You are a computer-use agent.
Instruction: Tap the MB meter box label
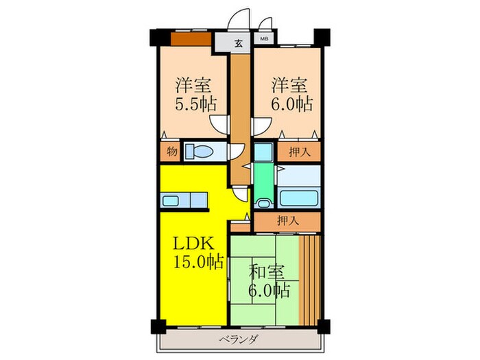pos(264,40)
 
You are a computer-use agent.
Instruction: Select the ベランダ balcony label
pos(239,339)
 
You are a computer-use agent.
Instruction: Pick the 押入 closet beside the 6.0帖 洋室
pos(299,152)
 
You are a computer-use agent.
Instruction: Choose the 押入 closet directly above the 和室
pos(287,221)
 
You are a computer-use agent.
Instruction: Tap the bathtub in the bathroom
pos(300,198)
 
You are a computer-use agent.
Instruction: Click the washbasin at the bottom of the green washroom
pos(261,202)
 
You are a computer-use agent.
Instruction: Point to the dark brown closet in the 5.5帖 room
pos(191,38)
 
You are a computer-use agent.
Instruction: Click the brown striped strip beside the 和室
pos(313,278)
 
